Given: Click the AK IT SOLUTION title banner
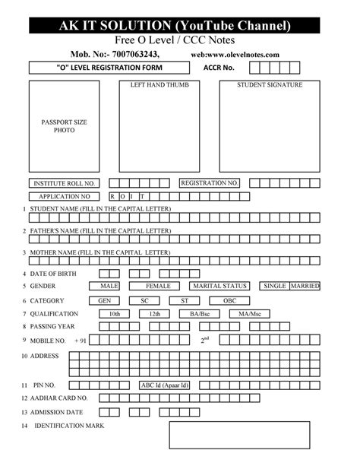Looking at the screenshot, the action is point(180,27).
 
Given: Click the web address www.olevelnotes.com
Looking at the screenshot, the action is point(235,55).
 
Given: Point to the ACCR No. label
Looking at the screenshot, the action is point(219,68).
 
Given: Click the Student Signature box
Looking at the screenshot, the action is point(269,126).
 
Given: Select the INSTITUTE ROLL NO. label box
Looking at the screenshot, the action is point(64,183).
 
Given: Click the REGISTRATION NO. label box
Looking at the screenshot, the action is point(210,183).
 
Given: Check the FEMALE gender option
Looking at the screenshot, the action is point(158,286).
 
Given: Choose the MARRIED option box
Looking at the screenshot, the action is point(305,286).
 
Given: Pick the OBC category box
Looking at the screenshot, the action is point(229,300).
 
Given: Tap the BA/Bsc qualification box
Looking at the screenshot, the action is point(200,313).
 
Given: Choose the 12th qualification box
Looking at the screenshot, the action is point(155,313).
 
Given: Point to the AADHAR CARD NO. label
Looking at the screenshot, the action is point(59,398).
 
